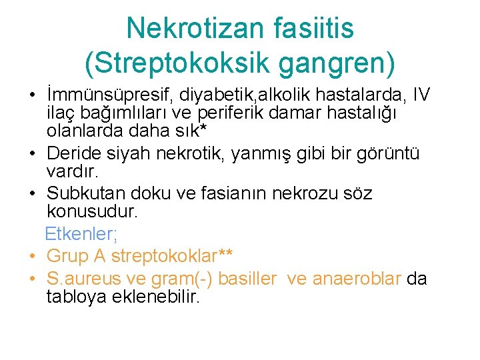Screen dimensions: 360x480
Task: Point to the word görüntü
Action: [387, 154]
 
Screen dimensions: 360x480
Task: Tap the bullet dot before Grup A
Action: [32, 256]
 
